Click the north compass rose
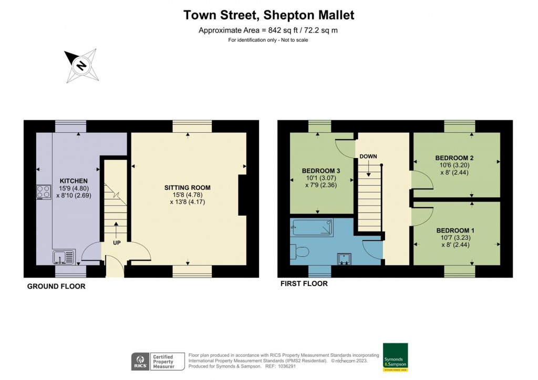coord(80,66)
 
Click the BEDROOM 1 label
coord(455,230)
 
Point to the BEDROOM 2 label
coord(454,158)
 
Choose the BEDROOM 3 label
coord(320,171)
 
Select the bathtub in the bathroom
coord(312,227)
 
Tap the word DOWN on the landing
coord(368,156)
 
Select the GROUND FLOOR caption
coord(56,287)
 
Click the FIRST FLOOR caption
coord(304,284)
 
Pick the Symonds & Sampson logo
coord(395,357)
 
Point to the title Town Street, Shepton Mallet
coord(268,15)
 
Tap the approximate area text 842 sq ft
coord(268,30)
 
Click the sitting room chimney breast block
coord(243,195)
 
